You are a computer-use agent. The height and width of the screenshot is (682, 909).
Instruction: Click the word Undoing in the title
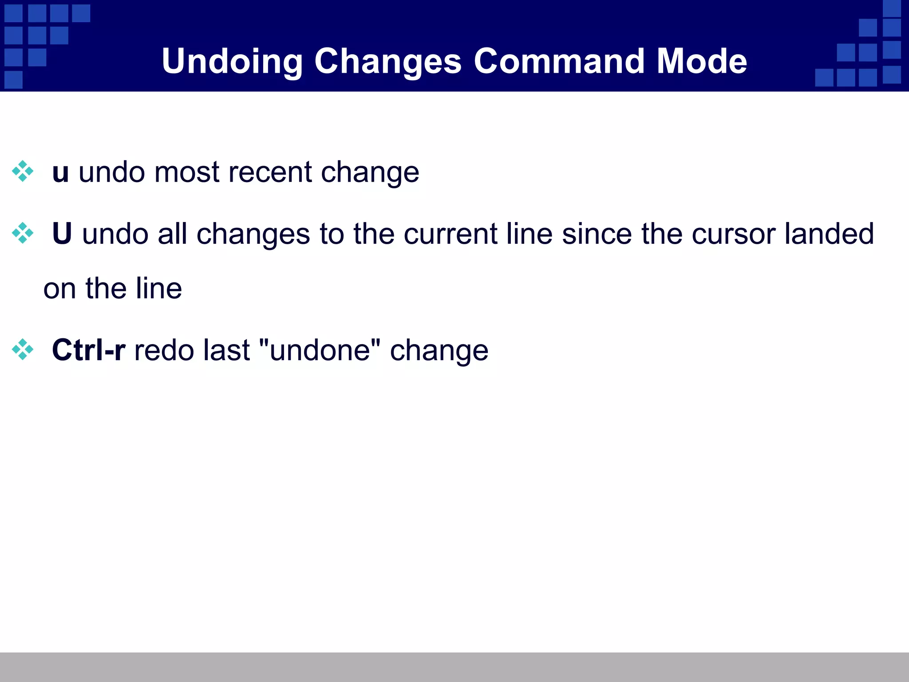pyautogui.click(x=232, y=61)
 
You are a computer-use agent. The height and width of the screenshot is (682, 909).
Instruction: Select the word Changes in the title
pyautogui.click(x=388, y=61)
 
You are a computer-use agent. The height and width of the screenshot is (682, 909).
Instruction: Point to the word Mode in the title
pyautogui.click(x=702, y=61)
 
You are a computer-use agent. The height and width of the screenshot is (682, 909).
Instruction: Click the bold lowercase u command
pyautogui.click(x=60, y=172)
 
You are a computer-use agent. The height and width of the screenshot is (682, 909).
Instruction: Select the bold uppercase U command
pyautogui.click(x=62, y=234)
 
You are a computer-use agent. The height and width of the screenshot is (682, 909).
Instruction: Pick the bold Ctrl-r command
pyautogui.click(x=88, y=350)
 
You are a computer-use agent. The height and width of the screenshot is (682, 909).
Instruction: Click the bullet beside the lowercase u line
pyautogui.click(x=23, y=171)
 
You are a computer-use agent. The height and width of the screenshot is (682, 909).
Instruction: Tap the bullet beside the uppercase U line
pyautogui.click(x=23, y=233)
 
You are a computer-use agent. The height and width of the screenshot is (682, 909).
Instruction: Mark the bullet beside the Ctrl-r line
pyautogui.click(x=23, y=349)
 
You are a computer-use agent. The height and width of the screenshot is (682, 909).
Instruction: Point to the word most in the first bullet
pyautogui.click(x=186, y=172)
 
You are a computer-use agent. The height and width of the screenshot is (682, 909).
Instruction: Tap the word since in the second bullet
pyautogui.click(x=597, y=234)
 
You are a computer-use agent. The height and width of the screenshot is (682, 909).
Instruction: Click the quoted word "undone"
pyautogui.click(x=319, y=350)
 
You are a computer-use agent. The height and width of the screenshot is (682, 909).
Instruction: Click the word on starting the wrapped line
pyautogui.click(x=59, y=289)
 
